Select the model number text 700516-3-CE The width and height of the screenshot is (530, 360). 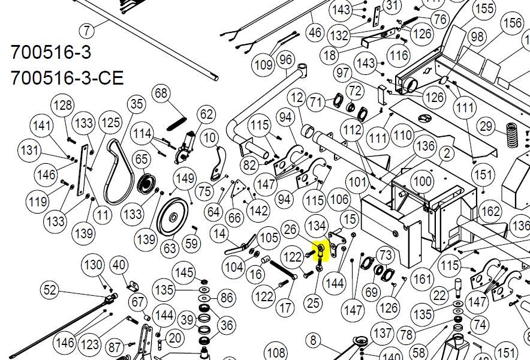click(x=67, y=78)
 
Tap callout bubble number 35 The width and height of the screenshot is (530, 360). click(x=137, y=104)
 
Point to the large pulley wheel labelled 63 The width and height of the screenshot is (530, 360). click(x=173, y=217)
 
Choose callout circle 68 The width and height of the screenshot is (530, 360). click(x=161, y=93)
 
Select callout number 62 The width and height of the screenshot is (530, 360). click(x=206, y=115)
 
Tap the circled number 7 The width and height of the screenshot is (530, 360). click(x=87, y=31)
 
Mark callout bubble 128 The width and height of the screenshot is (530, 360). click(x=63, y=105)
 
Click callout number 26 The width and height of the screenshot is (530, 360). click(x=290, y=229)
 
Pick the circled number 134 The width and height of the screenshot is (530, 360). click(x=317, y=226)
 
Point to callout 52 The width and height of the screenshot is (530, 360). click(x=49, y=290)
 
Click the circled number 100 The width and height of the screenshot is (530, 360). click(x=423, y=182)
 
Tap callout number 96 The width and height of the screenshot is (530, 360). click(x=285, y=60)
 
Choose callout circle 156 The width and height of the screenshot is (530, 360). click(x=513, y=23)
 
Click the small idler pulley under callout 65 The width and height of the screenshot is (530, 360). click(x=146, y=184)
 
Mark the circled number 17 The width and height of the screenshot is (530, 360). click(x=285, y=308)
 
